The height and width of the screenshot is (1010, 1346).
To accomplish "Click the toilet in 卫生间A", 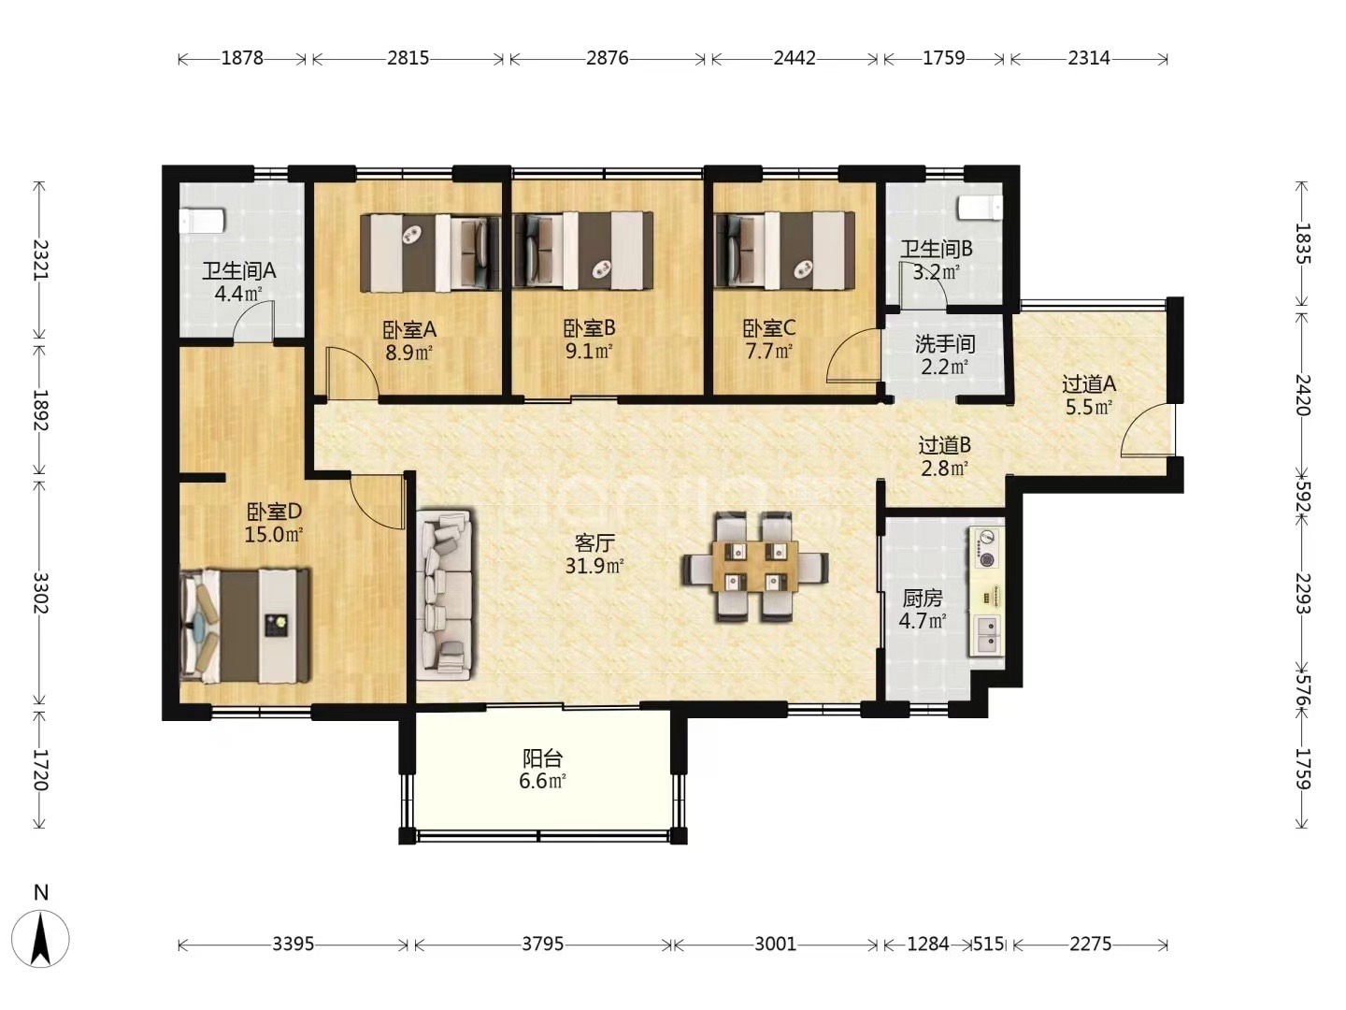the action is pos(202,221).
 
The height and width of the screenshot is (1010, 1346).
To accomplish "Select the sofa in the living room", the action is pos(445,594).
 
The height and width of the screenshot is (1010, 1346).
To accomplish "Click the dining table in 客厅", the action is pos(755,566).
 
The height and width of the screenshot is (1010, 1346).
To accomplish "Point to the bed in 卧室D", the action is pos(245,626).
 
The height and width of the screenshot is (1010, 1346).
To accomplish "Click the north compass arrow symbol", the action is pos(41,939).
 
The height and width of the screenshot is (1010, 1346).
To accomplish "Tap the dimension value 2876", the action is pos(607,58).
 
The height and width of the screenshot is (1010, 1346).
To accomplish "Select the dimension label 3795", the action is pos(543,944).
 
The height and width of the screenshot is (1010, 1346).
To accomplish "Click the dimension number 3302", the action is pos(40,593).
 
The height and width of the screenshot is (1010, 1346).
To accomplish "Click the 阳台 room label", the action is pos(542,759).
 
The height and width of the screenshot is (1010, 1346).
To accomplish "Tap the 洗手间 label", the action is pos(944,344).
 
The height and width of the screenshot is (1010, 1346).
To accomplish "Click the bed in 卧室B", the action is pos(583,251).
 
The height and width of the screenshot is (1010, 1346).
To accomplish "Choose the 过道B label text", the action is pos(944,444).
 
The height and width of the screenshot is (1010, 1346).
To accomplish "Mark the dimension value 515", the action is pos(989,944).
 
